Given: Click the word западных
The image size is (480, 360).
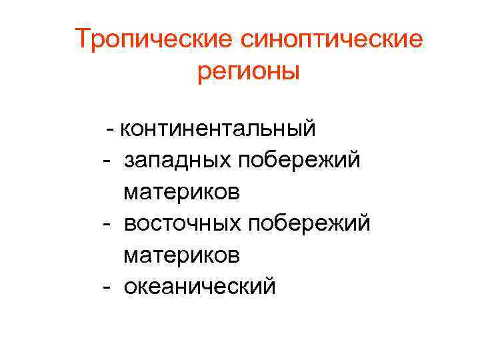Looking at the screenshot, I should click(177, 160).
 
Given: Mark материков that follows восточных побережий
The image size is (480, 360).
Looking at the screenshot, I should click(181, 255).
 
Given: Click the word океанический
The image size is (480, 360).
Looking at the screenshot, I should click(199, 287).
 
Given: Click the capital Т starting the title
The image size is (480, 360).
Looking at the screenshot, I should click(82, 39).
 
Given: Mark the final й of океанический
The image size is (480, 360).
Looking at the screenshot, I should click(268, 285).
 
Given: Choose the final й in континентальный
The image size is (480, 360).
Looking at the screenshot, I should click(309, 125).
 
